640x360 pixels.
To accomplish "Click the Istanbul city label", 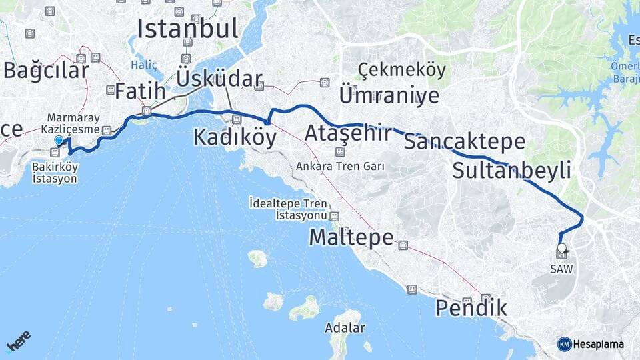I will point(187,28).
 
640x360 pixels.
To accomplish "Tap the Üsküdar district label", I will point(219,79).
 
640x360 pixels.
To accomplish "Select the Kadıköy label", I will point(235,137).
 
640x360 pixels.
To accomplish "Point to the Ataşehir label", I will point(347,133).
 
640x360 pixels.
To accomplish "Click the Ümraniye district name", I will point(389,95).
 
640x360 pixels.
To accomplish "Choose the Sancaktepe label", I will point(465,141).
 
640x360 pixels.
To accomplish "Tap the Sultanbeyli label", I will point(511,170).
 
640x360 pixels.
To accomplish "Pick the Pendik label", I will point(471,308).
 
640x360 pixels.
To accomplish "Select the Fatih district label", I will point(140,91).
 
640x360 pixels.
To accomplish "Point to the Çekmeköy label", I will point(391,69).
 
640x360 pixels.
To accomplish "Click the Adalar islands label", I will point(345,328).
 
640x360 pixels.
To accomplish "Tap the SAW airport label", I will point(561,268).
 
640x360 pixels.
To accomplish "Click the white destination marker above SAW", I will point(561,249).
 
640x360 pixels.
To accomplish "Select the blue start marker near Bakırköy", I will point(59,140).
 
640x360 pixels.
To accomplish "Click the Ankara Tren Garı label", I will point(340,166).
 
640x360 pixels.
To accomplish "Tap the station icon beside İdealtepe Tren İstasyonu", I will point(334,216).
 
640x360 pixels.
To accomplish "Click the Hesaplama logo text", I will point(598,344).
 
